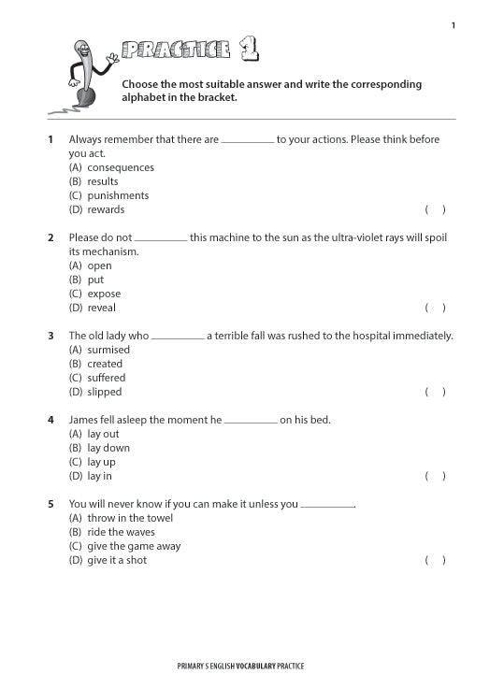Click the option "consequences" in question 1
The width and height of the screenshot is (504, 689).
(x=120, y=167)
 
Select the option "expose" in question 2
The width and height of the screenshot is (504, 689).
(x=104, y=294)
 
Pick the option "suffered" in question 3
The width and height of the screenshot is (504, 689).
(x=106, y=378)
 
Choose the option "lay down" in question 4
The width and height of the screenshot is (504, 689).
(x=108, y=448)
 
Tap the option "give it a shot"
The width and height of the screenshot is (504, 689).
(x=117, y=560)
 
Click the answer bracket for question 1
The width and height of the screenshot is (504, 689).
(x=435, y=209)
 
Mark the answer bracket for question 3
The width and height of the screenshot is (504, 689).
(x=435, y=392)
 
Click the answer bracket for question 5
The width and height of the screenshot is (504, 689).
(x=435, y=560)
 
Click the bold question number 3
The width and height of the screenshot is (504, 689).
(x=50, y=336)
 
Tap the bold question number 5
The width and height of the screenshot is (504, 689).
(x=50, y=504)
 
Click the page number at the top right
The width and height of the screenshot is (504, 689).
(x=454, y=25)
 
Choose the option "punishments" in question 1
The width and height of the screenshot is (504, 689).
(x=118, y=195)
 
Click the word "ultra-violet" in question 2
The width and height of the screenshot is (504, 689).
(x=343, y=237)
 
